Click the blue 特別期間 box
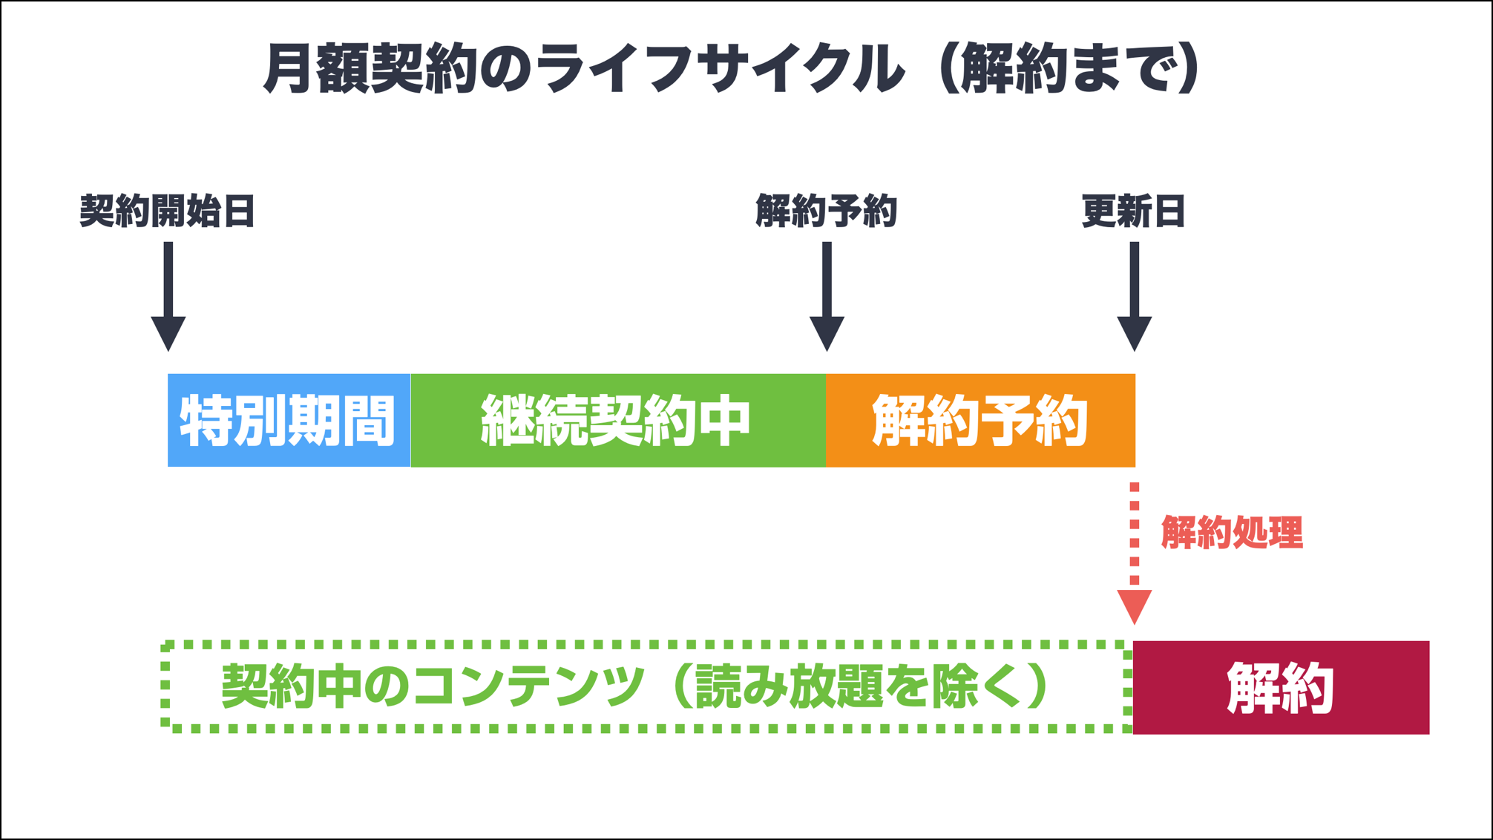tap(289, 420)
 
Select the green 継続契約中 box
tap(617, 420)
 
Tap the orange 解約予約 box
tap(980, 420)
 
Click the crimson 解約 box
tap(1281, 688)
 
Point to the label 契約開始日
tap(168, 211)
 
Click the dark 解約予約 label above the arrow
tap(827, 211)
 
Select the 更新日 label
tap(1134, 211)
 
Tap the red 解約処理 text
tap(1232, 533)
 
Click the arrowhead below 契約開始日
tap(168, 333)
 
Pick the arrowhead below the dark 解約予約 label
tap(827, 333)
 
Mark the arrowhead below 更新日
tap(1135, 333)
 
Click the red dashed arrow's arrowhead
tap(1135, 606)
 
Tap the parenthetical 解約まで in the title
tap(1069, 69)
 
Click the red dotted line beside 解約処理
tap(1135, 534)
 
